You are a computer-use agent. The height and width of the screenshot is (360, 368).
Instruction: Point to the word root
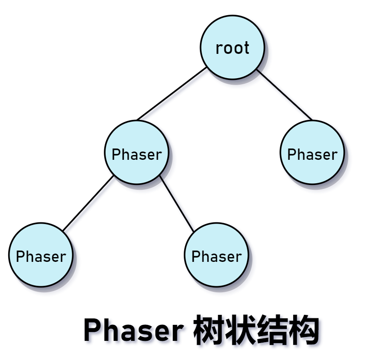[x=232, y=48]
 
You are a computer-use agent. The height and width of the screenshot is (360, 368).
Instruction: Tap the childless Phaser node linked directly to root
[x=312, y=167]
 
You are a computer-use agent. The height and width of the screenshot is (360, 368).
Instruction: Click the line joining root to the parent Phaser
[x=172, y=94]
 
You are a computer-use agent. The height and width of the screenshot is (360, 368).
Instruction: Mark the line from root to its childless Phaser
[x=285, y=95]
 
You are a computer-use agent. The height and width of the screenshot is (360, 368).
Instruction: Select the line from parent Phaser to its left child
[x=88, y=203]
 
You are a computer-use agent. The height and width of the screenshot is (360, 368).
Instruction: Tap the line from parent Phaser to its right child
[x=176, y=203]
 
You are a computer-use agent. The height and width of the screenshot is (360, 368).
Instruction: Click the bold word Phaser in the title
[x=133, y=331]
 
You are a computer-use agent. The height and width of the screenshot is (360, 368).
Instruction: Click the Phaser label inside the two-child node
[x=136, y=155]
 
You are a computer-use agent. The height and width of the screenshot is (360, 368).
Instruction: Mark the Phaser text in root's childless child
[x=312, y=155]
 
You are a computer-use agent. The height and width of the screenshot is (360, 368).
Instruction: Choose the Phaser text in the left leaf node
[x=41, y=257]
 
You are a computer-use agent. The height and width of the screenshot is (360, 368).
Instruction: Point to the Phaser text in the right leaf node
[x=216, y=257]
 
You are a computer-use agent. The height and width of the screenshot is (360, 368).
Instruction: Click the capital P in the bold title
[x=92, y=331]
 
